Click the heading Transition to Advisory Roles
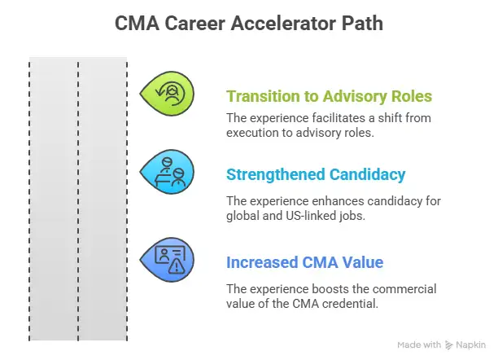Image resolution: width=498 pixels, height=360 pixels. click(x=329, y=96)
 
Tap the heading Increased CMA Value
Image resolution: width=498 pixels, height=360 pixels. click(x=304, y=262)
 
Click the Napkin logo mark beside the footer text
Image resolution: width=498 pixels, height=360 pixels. click(x=450, y=345)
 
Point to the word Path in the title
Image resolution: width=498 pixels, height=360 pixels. click(x=363, y=24)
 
